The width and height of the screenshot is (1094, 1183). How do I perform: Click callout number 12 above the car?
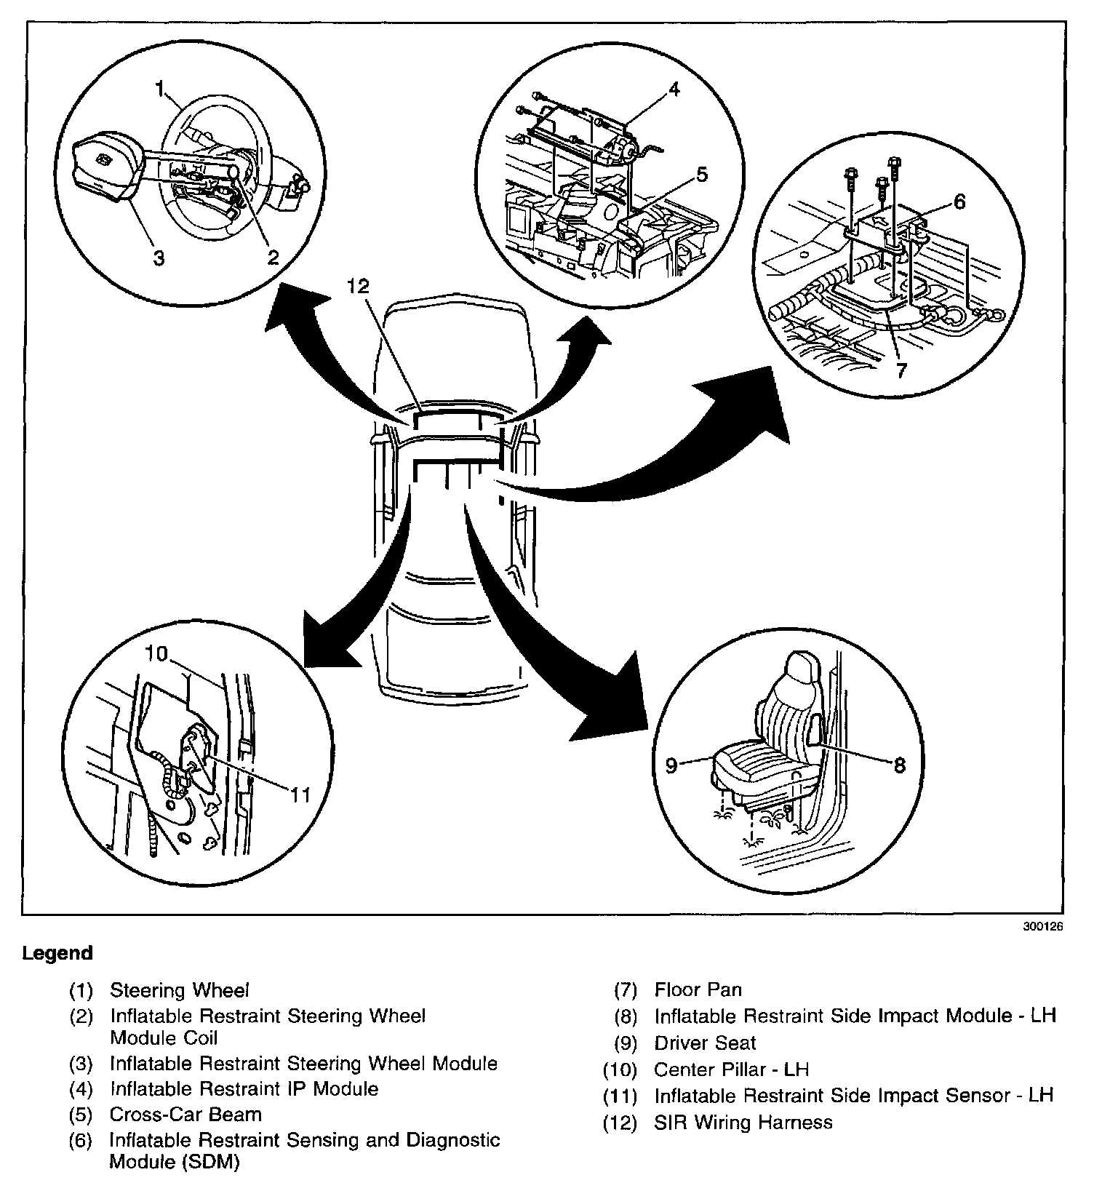coord(359,287)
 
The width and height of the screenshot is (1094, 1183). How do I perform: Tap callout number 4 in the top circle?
coord(674,89)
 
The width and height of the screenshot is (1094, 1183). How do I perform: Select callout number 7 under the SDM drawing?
coord(901,370)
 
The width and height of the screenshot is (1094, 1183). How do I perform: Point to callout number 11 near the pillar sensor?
coord(300,794)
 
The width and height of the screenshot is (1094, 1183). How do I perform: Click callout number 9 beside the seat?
coord(671,765)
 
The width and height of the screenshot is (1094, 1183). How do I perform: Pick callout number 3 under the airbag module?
coord(159,257)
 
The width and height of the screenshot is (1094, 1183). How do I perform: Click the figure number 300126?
coord(1042,927)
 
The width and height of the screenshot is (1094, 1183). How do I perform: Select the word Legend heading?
coord(57,953)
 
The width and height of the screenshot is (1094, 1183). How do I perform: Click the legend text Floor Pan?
coord(698,989)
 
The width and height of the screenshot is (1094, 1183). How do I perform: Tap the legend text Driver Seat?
coord(705,1043)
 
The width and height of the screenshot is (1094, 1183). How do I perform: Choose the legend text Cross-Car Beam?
coord(185,1114)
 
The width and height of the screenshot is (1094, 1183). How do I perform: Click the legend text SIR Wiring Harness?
coord(743,1122)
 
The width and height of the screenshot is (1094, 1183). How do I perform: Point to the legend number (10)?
coord(619,1070)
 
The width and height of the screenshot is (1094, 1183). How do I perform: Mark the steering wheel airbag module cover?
coord(102,164)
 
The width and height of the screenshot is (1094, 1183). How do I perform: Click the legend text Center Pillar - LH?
coord(731,1070)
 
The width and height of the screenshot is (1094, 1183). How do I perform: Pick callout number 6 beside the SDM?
coord(959,202)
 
